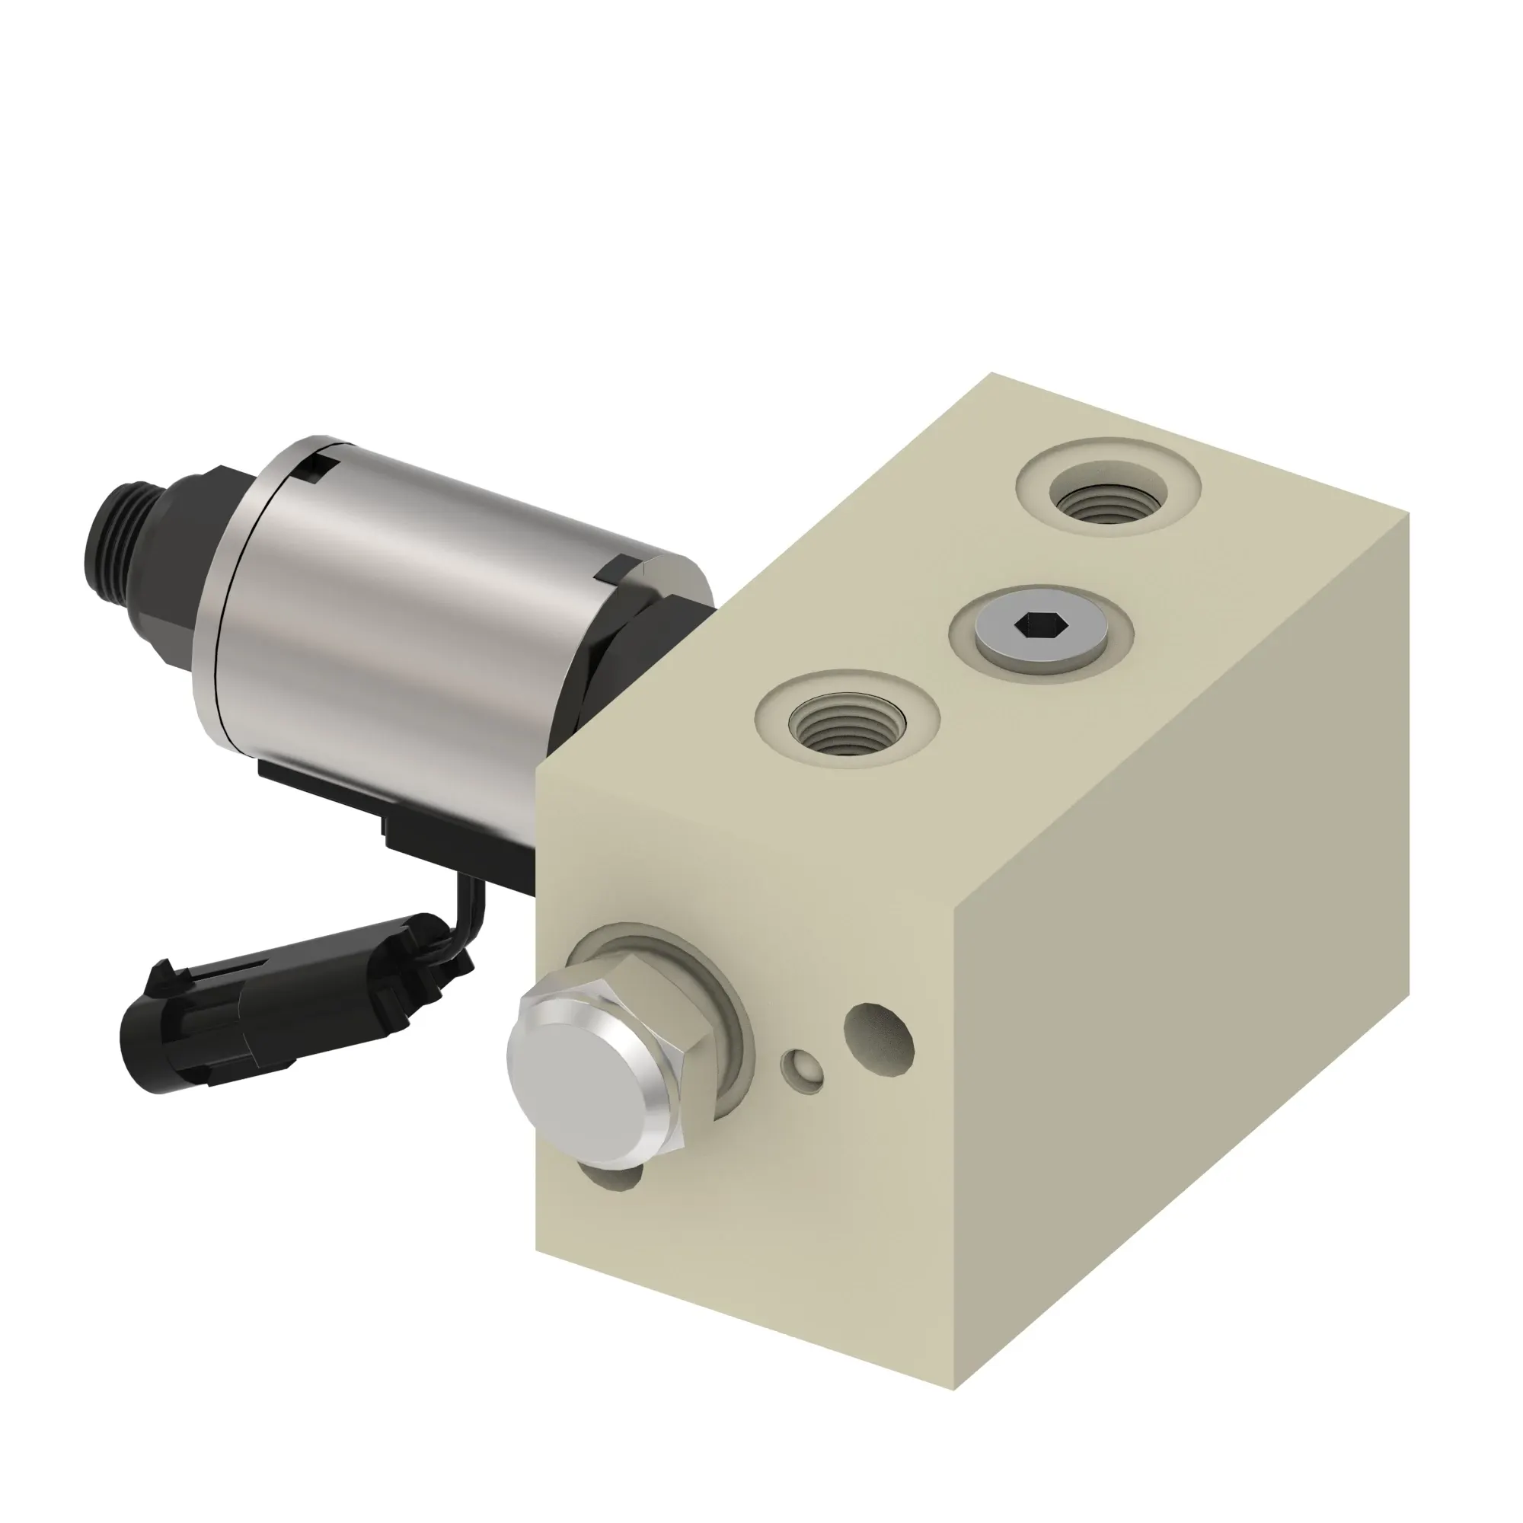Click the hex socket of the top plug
1040,627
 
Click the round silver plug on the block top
1040,635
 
